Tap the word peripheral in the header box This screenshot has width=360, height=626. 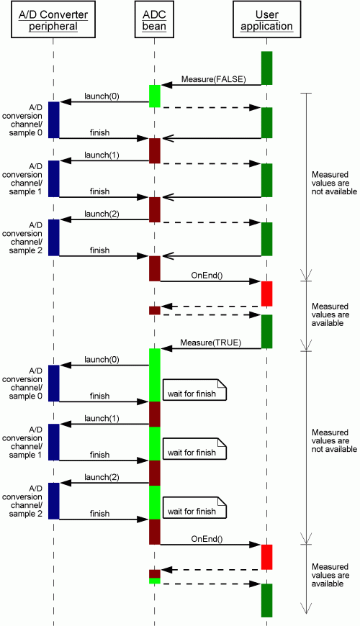point(53,27)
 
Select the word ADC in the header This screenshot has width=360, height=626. point(154,15)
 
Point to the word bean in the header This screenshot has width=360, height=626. point(154,27)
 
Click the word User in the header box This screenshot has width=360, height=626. point(266,15)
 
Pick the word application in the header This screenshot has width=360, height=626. point(266,27)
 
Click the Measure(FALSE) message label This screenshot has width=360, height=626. point(214,79)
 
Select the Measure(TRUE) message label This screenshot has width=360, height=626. point(210,343)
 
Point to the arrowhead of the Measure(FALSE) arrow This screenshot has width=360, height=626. point(166,85)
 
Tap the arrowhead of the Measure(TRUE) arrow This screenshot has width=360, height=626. point(166,348)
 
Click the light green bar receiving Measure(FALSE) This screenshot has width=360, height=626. point(155,96)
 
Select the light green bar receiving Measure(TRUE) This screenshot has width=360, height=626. point(155,375)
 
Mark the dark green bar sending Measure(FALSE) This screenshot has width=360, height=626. point(266,68)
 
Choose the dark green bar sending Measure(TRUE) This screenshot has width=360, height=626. point(266,332)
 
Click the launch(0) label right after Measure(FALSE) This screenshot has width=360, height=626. point(102,96)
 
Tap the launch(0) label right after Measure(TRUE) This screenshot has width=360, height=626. point(102,359)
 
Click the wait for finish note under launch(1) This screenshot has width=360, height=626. point(194,448)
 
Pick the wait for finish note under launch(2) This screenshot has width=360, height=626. point(194,507)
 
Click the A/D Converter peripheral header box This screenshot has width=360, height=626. point(53,22)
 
